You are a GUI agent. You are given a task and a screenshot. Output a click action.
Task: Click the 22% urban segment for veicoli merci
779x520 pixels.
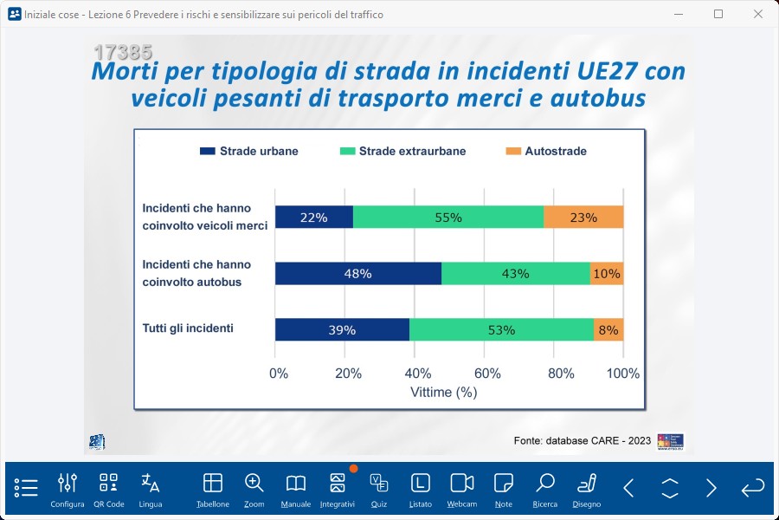313,218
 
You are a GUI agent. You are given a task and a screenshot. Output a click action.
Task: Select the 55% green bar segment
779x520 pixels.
447,218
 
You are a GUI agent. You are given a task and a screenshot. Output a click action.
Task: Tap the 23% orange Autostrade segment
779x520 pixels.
583,218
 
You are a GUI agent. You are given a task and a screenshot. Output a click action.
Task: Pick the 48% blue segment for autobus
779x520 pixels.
357,273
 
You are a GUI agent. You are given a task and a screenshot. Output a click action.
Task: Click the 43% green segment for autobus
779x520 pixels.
515,273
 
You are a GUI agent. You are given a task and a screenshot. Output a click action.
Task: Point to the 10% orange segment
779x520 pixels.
607,273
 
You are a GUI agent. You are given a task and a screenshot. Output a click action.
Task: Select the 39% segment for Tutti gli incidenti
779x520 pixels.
342,329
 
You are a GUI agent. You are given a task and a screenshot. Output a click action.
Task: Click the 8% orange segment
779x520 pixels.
608,329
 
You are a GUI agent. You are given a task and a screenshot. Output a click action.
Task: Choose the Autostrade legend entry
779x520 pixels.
545,151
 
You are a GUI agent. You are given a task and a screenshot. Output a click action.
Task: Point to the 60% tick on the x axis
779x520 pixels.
487,374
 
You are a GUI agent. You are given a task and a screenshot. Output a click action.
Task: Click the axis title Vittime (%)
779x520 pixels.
444,392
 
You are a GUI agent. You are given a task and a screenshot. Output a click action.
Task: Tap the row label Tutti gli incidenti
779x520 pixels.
188,328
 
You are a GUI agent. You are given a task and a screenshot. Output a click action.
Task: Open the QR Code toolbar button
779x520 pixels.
108,490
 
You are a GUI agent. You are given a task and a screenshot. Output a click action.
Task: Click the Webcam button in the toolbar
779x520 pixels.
462,490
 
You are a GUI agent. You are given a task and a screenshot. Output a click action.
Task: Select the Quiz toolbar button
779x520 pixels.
378,490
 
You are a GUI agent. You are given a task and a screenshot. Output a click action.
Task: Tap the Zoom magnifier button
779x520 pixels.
254,490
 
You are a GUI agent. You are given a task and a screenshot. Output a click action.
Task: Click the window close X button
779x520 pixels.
758,14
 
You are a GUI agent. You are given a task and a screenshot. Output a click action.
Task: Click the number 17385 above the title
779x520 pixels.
123,52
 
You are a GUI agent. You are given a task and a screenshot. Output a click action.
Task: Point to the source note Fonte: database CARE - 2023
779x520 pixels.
582,440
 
